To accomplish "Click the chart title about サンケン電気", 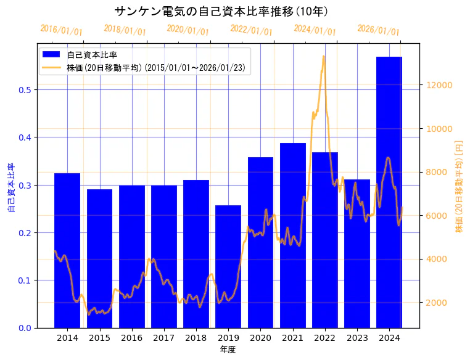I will (221, 11).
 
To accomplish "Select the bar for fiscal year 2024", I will (389, 191).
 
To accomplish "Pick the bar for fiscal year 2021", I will (293, 235).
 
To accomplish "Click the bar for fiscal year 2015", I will (99, 258).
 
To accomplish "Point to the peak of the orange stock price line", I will (324, 56).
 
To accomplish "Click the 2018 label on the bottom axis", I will (196, 338).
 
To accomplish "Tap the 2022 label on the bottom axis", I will (325, 338).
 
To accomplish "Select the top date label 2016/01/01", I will (61, 30).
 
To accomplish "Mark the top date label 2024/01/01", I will (315, 30).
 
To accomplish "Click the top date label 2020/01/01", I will (188, 30).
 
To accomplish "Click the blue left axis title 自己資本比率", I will (10, 187).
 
